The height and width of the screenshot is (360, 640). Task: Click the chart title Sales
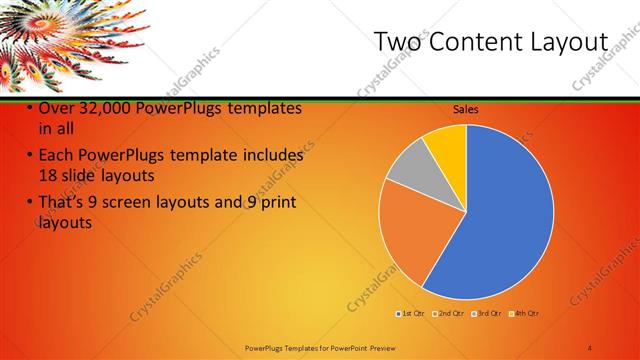(466, 109)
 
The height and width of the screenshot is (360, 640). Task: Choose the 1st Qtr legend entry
(410, 314)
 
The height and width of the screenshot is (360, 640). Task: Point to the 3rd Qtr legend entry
(487, 314)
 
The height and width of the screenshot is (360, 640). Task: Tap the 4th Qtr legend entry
(524, 314)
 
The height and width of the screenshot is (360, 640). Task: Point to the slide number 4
(589, 347)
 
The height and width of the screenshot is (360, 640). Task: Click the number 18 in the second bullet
(49, 174)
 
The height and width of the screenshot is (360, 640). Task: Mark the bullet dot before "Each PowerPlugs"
(29, 156)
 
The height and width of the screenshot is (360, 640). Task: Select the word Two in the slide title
(395, 42)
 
